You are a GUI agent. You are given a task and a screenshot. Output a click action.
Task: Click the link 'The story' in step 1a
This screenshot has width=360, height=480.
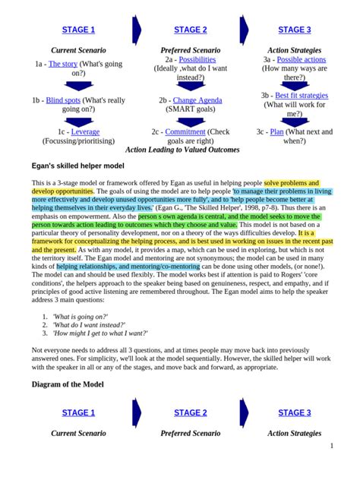[62, 65]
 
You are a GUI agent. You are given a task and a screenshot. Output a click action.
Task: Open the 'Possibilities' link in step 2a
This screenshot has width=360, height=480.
[196, 59]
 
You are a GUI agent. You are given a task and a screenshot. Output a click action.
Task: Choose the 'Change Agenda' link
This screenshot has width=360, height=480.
[197, 100]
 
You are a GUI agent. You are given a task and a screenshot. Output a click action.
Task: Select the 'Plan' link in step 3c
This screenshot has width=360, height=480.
[276, 132]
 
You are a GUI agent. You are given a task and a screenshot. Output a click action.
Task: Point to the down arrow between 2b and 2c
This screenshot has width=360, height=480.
[190, 120]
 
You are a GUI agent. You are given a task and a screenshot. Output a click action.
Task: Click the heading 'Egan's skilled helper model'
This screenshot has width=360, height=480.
[78, 165]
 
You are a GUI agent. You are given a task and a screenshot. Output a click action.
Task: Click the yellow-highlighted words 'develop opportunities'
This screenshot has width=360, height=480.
[63, 192]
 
